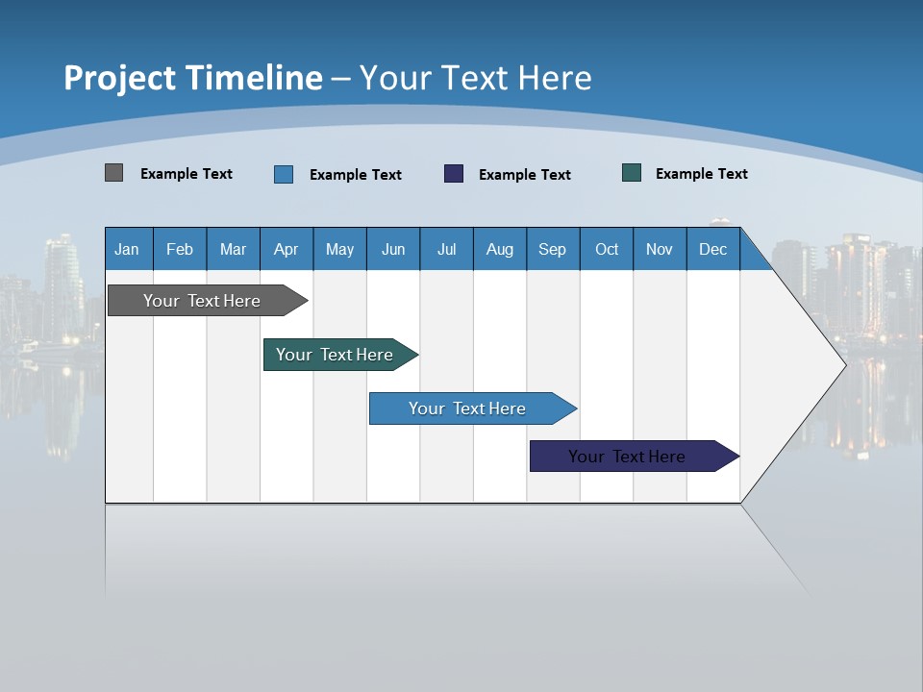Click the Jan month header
coord(127,249)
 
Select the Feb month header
coord(180,249)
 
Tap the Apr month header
coord(287,249)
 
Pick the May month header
coord(339,249)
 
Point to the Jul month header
coord(446,249)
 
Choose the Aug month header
coord(500,249)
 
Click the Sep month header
coord(553,249)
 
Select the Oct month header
coord(607,249)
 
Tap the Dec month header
coord(713,249)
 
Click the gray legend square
coord(113,173)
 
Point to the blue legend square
coord(284,174)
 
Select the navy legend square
coord(454,173)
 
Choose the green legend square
coord(632,173)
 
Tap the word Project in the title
coord(119,78)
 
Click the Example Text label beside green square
coord(701,174)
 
